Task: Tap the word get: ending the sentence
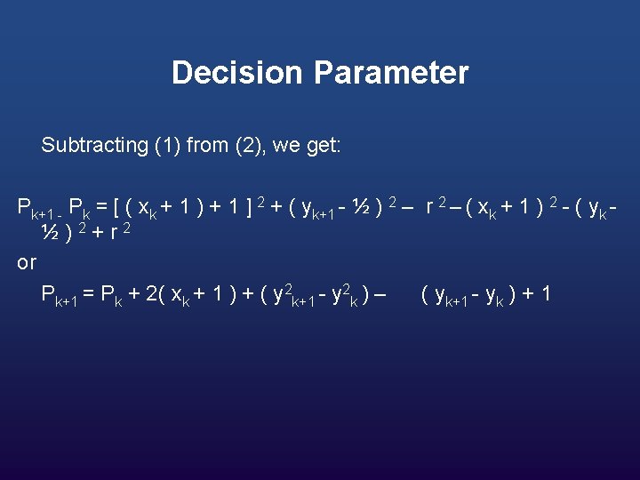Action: pyautogui.click(x=320, y=146)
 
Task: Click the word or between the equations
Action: pyautogui.click(x=27, y=263)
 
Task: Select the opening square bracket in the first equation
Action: pyautogui.click(x=114, y=209)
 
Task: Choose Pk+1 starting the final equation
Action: pyautogui.click(x=60, y=294)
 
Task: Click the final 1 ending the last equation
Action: pyautogui.click(x=545, y=292)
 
